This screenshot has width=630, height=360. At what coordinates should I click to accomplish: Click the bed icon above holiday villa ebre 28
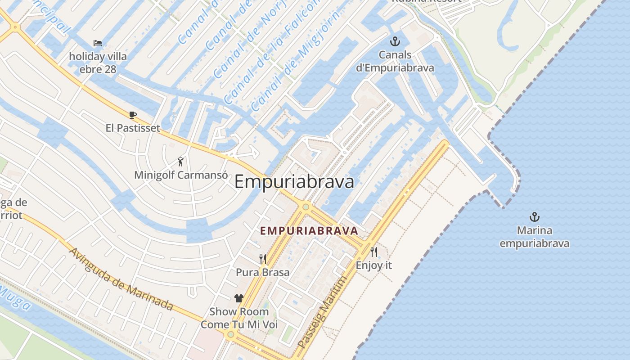[x=98, y=43]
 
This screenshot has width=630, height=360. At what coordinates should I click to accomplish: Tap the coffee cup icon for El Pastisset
[x=133, y=115]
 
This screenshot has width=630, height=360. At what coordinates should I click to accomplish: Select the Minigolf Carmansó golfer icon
[x=180, y=162]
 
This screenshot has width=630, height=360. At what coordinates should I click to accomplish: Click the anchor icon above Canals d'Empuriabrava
[x=395, y=42]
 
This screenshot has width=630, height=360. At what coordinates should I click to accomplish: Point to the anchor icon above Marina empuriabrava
[x=534, y=217]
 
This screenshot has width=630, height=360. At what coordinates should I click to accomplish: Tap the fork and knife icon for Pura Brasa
[x=263, y=259]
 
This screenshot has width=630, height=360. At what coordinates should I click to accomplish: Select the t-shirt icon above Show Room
[x=239, y=298]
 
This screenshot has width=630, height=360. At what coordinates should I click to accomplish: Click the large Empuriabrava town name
[x=294, y=182]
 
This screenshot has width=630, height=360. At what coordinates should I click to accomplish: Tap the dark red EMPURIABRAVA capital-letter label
[x=309, y=231]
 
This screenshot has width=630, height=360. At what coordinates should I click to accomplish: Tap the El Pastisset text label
[x=133, y=128]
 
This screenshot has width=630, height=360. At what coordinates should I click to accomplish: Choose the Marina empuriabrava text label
[x=534, y=237]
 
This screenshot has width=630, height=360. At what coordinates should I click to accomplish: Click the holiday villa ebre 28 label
[x=98, y=63]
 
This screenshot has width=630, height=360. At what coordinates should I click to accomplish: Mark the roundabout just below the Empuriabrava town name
[x=306, y=207]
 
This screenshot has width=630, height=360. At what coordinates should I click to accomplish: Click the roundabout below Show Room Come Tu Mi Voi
[x=231, y=334]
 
